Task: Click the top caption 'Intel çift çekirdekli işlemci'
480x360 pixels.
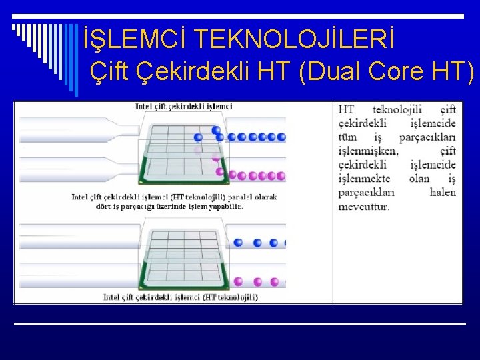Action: click(183, 106)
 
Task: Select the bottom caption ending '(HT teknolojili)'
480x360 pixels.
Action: click(181, 297)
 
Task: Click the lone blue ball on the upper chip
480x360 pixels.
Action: click(215, 131)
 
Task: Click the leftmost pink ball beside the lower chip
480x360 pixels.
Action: click(239, 283)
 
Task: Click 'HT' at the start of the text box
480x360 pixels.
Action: click(346, 109)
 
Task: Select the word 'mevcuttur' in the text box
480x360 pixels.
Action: click(363, 206)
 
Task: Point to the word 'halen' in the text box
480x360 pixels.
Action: click(443, 193)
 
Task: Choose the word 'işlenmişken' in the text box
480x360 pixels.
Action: click(368, 151)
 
